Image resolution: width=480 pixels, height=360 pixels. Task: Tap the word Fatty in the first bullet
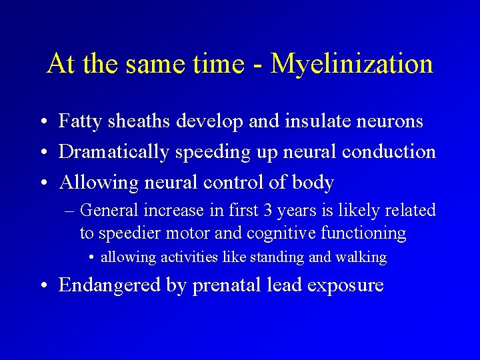pyautogui.click(x=78, y=121)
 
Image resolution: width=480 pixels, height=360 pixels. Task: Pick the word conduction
pyautogui.click(x=389, y=151)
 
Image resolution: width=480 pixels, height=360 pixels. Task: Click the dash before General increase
pyautogui.click(x=71, y=211)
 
